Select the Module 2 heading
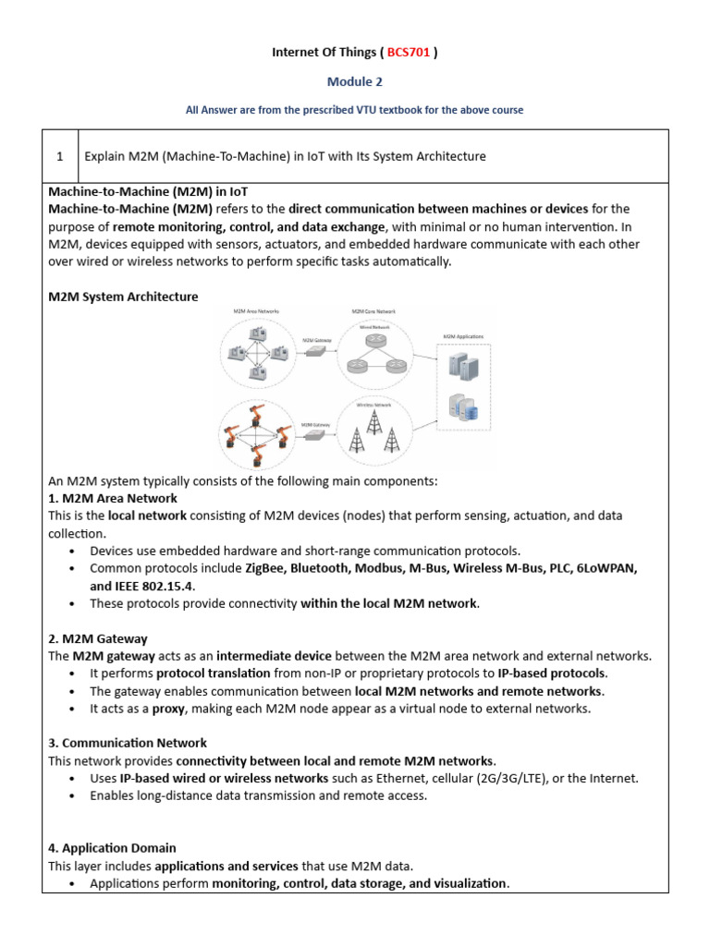[354, 81]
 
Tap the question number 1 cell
[59, 156]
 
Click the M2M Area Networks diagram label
[258, 311]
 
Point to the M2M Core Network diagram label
[373, 312]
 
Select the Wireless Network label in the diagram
[373, 405]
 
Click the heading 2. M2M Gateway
[97, 638]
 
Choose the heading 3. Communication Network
[128, 743]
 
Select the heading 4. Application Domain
[112, 847]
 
